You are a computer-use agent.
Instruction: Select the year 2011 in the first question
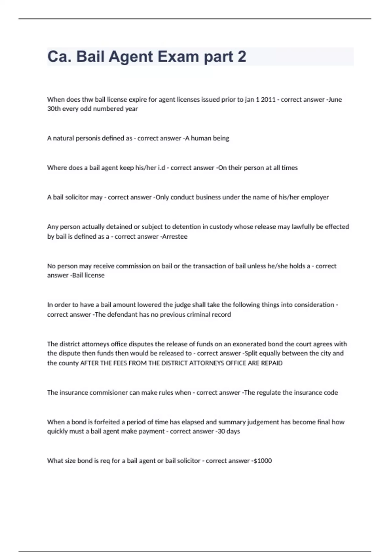pos(268,99)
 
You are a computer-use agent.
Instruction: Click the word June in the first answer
pos(335,99)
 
